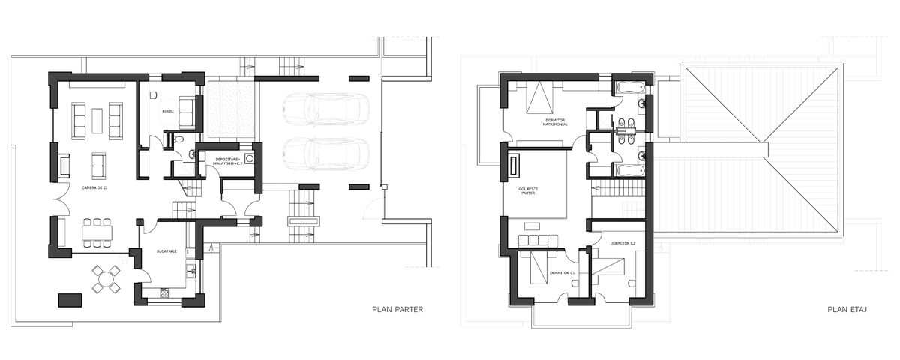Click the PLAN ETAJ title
point(847,308)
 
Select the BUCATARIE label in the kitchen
point(166,252)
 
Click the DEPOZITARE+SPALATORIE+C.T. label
point(226,161)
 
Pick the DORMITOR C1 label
point(562,272)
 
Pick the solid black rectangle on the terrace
point(69,299)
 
